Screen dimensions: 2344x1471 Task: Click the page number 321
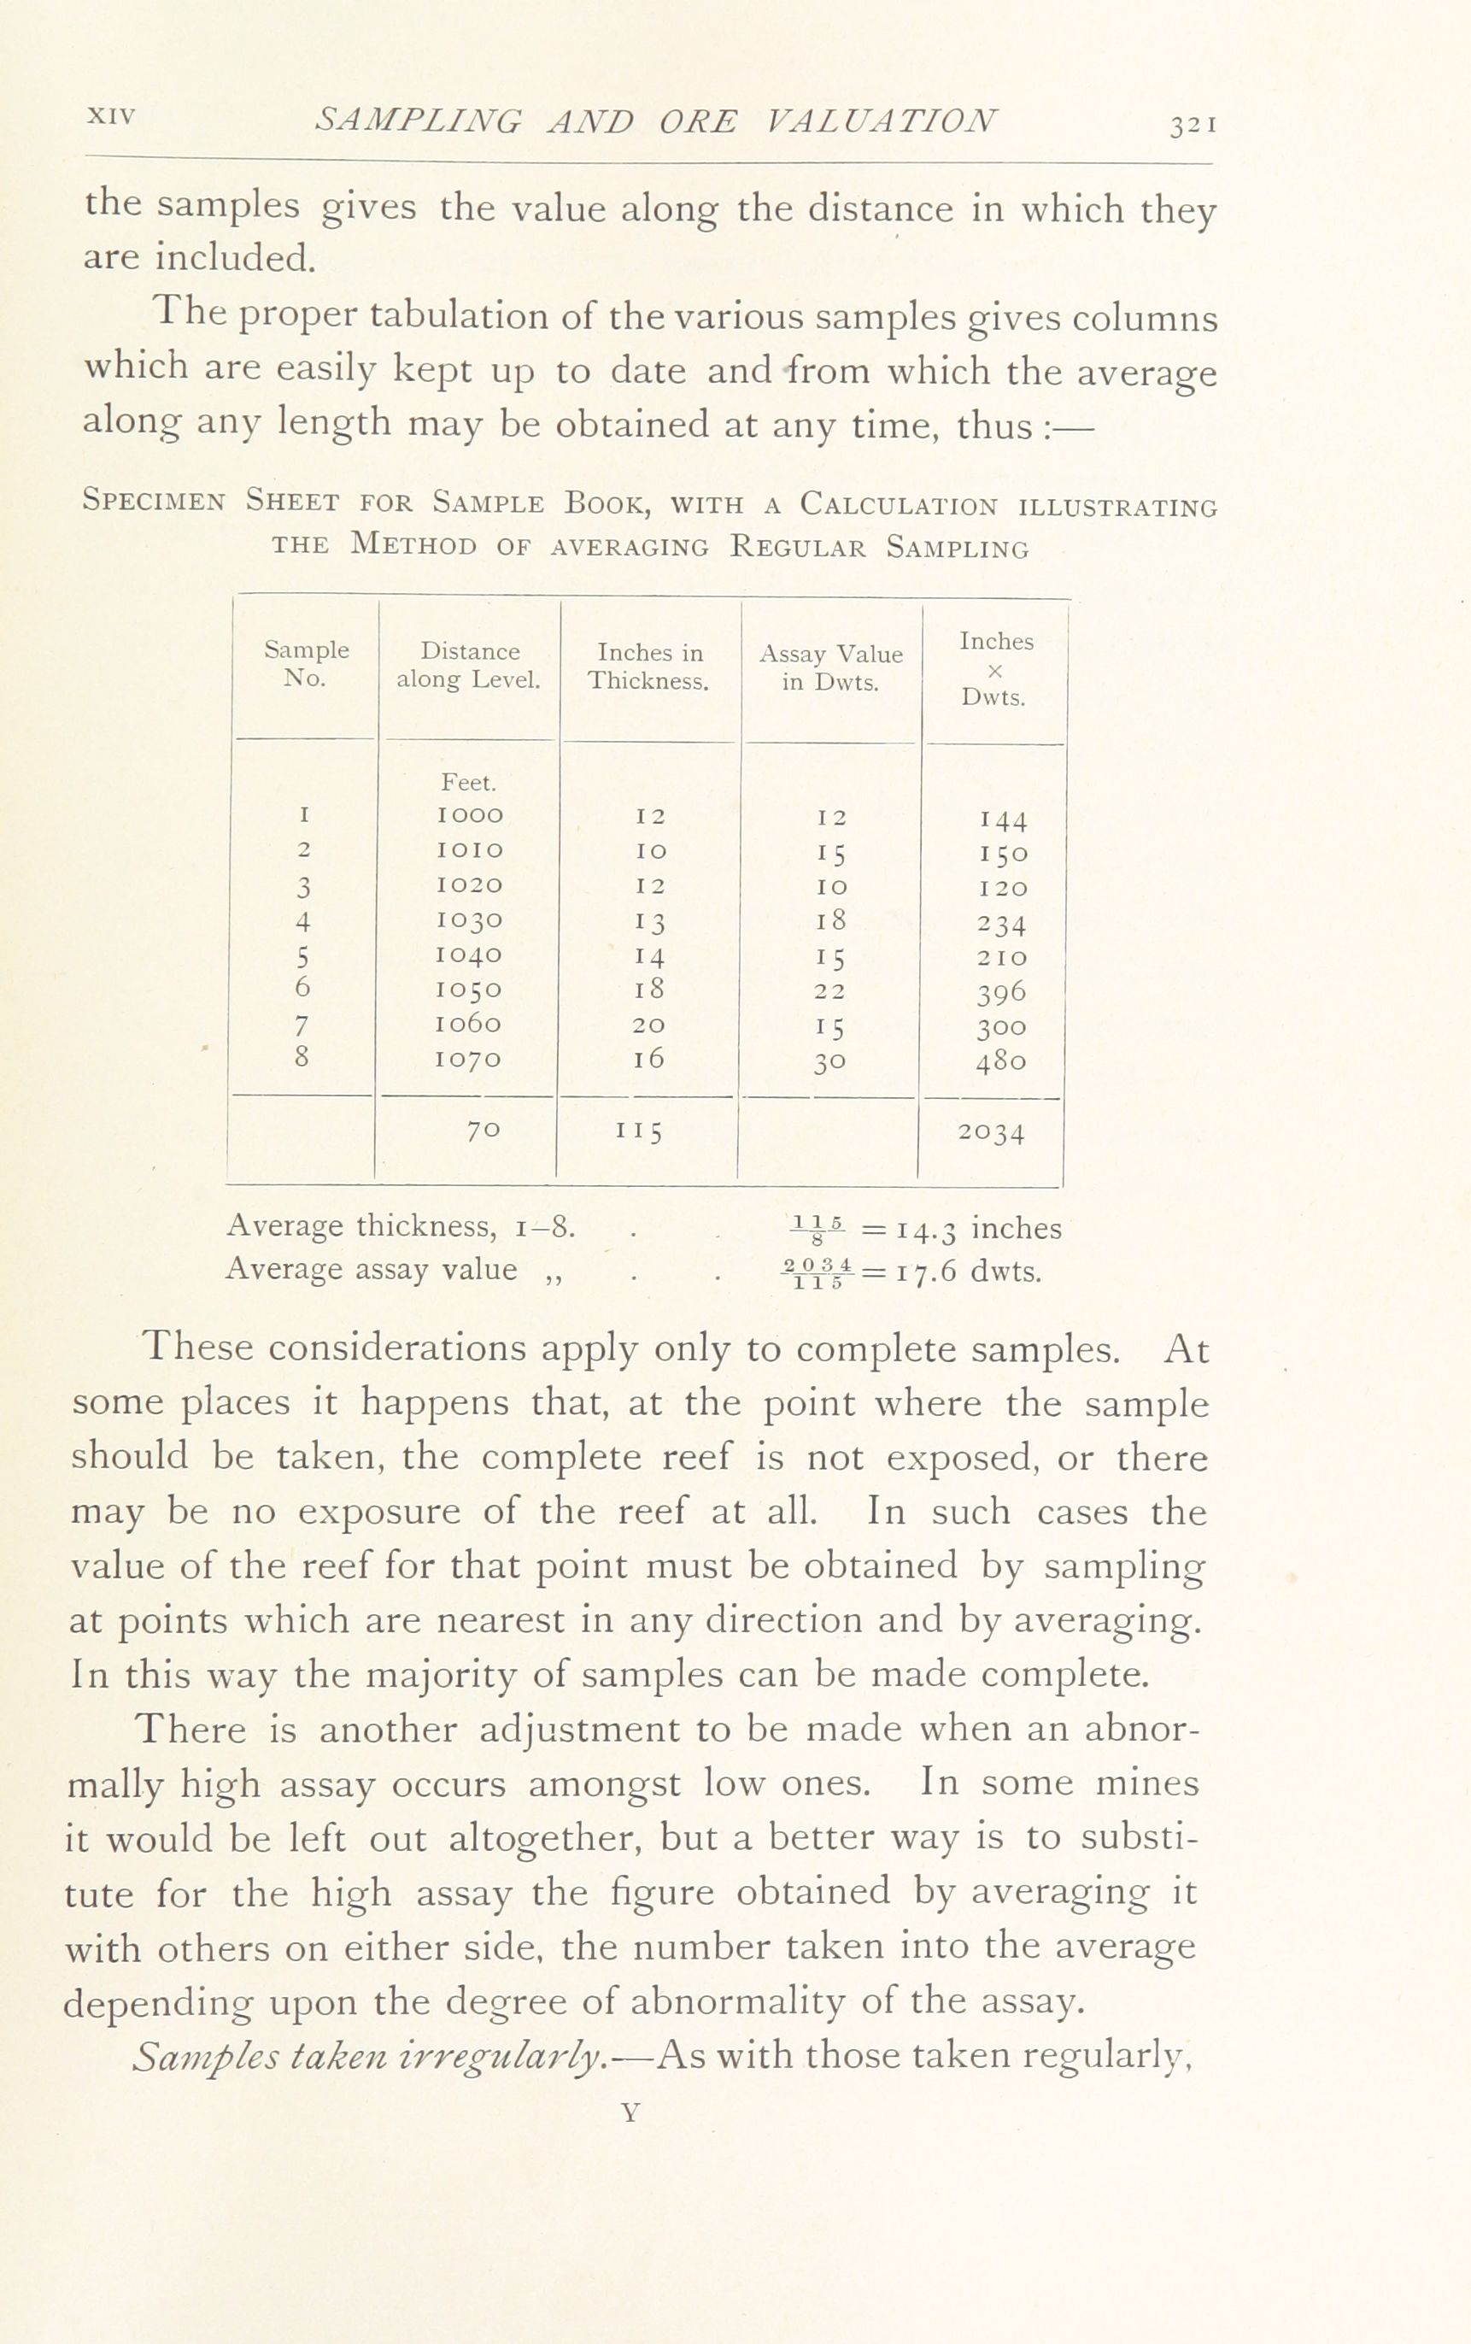coord(1193,126)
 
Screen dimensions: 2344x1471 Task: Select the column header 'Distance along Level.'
coord(469,666)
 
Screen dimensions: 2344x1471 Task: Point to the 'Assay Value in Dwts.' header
coord(831,667)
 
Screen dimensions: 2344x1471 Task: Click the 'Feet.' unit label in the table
coord(469,782)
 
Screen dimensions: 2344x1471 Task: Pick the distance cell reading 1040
coord(471,955)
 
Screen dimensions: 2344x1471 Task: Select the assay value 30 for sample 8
coord(829,1060)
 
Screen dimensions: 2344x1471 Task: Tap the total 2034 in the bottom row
coord(990,1132)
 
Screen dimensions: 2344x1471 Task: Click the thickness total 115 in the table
coord(638,1131)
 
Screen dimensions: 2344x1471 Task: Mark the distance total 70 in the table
coord(483,1130)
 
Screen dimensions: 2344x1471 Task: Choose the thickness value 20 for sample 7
coord(649,1025)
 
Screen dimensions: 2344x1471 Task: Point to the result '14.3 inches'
coord(978,1229)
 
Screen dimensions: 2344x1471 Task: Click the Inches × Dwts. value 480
coord(1001,1060)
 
